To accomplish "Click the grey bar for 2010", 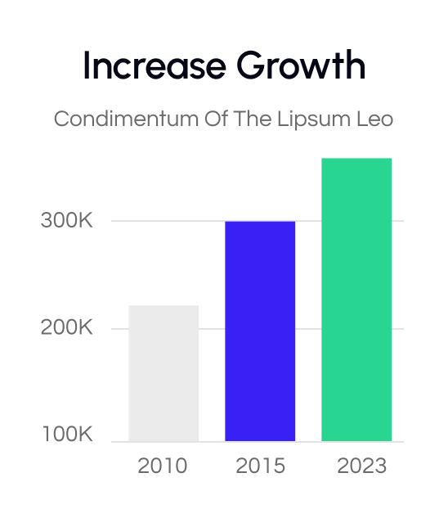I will (164, 373).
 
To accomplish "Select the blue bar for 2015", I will (260, 331).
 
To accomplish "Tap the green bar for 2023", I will (356, 300).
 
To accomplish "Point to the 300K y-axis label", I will (67, 221).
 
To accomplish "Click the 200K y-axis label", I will (67, 328).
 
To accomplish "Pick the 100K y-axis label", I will (67, 435).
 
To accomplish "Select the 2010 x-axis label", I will (163, 466).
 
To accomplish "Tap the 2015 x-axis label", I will (261, 466).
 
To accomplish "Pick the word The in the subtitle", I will (249, 119).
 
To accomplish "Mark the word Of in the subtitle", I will (214, 119).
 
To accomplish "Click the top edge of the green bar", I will (356, 159).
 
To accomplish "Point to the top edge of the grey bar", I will (164, 306).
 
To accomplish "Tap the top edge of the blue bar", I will (260, 222).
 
